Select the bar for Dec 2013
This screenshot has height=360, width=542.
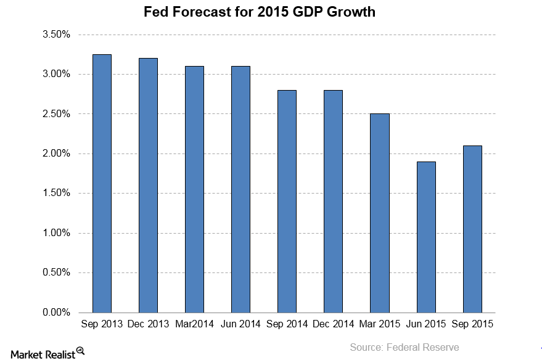click(148, 185)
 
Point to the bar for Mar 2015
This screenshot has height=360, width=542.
click(379, 213)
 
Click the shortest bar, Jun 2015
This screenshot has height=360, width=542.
click(425, 237)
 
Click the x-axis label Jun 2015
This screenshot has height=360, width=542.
click(426, 324)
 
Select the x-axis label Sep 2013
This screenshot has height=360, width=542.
click(102, 324)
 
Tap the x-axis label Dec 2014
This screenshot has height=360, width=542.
click(334, 324)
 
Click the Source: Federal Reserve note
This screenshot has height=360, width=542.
click(404, 348)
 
